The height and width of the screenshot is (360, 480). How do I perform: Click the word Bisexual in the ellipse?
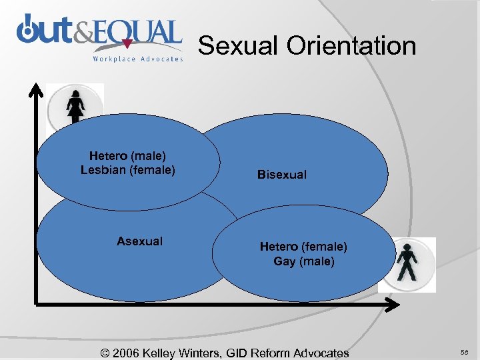pos(282,175)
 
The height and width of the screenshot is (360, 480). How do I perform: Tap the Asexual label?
pos(139,241)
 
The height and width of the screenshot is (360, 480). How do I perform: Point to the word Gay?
pos(284,261)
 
